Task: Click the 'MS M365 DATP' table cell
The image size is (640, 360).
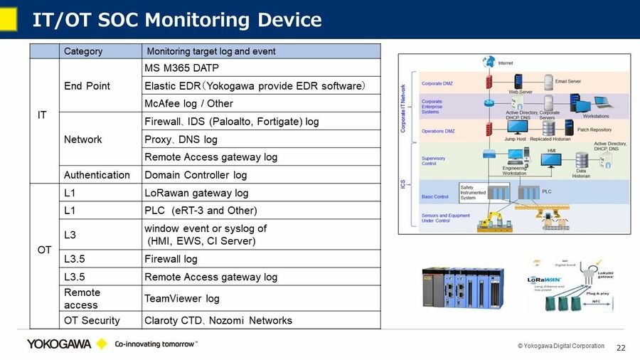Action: pos(181,68)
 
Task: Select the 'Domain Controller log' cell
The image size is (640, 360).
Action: pos(196,175)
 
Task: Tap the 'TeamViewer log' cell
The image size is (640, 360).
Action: pos(181,299)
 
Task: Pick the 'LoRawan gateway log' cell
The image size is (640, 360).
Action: pos(196,193)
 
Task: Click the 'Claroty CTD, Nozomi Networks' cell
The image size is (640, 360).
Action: pos(218,320)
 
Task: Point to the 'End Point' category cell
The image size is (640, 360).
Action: pos(87,86)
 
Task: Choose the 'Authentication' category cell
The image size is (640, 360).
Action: pos(97,175)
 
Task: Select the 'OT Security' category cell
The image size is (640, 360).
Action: pos(92,320)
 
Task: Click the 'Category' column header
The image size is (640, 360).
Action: pos(83,51)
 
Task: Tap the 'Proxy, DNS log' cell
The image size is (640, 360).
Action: pos(181,139)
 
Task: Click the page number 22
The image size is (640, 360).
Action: pos(620,348)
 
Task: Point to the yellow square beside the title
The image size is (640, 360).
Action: pos(8,19)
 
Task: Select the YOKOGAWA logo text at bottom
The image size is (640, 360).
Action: pos(59,344)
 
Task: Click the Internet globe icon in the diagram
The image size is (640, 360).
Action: pos(489,63)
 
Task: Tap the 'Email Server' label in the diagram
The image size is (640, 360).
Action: pos(567,82)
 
